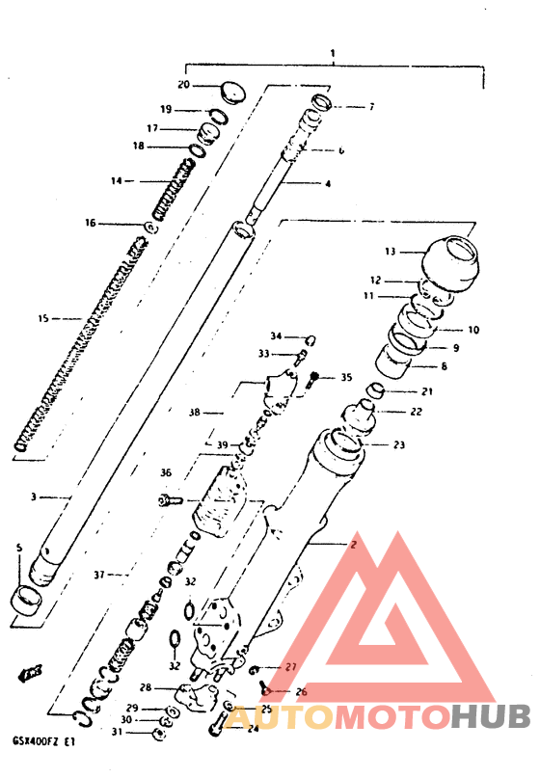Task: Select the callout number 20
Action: coord(184,86)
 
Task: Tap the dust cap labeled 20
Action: coord(231,92)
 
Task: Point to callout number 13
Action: coord(390,252)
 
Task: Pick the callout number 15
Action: coord(41,316)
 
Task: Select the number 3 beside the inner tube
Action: coord(33,497)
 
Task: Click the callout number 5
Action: coord(18,548)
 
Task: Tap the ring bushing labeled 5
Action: coord(28,600)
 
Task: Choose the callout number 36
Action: coord(166,473)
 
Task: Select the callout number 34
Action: coord(276,336)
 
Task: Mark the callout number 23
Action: coord(400,444)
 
